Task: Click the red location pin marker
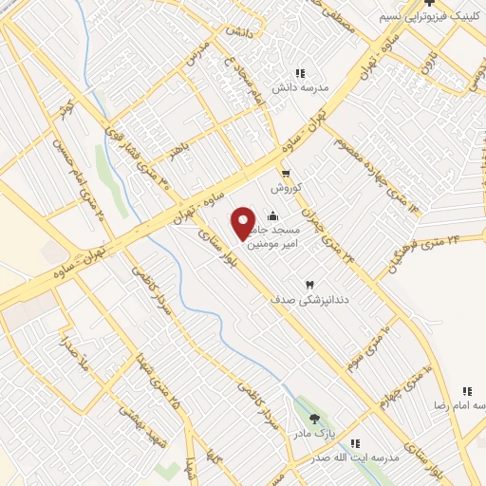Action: (244, 222)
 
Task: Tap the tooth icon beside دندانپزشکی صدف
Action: (308, 285)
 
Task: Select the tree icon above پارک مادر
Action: (314, 419)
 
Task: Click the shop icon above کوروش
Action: (286, 173)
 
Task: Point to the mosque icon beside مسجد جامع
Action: (274, 215)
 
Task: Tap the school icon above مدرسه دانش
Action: (300, 73)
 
